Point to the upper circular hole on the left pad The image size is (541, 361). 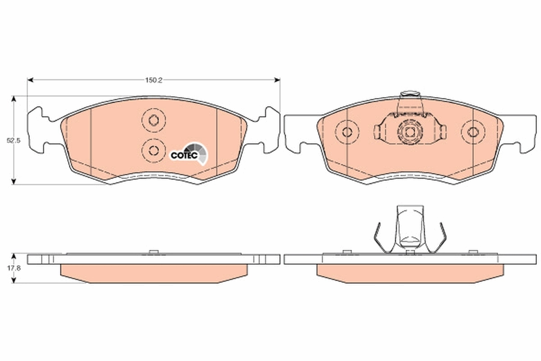(x=153, y=120)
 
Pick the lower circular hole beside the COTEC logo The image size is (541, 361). (x=153, y=150)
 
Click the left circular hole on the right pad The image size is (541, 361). (x=347, y=132)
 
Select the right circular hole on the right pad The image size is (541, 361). (x=472, y=132)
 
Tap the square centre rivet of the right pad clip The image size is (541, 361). (x=410, y=133)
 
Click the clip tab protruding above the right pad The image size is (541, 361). (x=410, y=95)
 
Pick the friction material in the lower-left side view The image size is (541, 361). (x=153, y=273)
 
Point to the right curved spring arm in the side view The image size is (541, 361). (x=441, y=237)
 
